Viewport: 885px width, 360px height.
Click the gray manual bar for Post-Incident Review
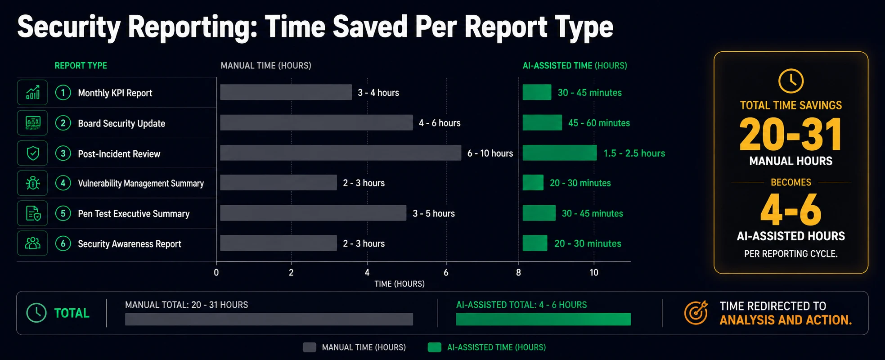point(341,153)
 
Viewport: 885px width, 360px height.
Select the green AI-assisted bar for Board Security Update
point(542,122)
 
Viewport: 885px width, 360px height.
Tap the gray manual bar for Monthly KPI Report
point(286,92)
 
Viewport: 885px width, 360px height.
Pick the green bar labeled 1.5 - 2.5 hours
point(560,153)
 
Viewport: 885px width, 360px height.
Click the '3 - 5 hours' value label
point(434,213)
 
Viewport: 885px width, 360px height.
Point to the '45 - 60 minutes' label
point(599,123)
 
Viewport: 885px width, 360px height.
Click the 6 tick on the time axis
point(446,272)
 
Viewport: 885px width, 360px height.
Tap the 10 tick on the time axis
point(594,272)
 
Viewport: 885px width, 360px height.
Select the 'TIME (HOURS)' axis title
point(400,284)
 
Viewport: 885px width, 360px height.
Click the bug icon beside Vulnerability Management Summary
point(33,183)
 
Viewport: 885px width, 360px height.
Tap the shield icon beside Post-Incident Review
point(33,153)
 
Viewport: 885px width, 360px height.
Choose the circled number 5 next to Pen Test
point(63,213)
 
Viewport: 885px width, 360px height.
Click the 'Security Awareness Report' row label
point(130,244)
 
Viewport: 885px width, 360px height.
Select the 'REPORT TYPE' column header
point(81,66)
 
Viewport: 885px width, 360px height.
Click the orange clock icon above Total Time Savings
point(791,81)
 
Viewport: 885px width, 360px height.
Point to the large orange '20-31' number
point(791,134)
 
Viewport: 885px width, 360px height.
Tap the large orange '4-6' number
point(791,210)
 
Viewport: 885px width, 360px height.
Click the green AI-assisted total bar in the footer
point(544,319)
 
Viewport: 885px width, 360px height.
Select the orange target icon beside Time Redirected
point(696,313)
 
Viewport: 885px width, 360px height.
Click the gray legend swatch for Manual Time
point(310,347)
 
